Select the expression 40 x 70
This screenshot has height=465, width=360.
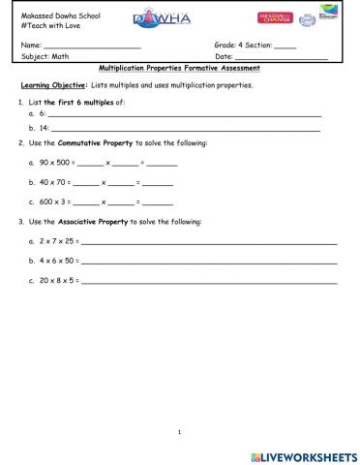tap(54, 182)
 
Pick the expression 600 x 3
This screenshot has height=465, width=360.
tap(54, 201)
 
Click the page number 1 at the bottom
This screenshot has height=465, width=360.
tap(180, 432)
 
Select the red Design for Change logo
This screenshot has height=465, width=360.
tap(275, 18)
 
